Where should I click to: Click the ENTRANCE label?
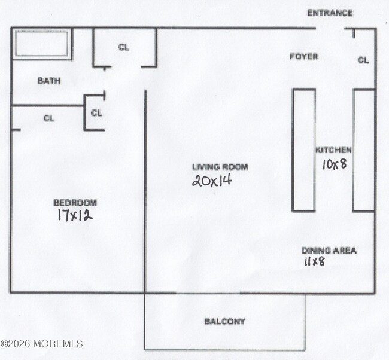coord(330,13)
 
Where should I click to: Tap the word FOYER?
coord(303,57)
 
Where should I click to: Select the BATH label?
coord(49,81)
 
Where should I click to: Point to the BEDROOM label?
coord(75,203)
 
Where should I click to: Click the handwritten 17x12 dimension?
coord(74,215)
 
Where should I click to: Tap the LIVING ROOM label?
coord(220,167)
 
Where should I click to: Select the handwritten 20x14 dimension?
coord(211,180)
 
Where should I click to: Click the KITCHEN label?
coord(333,150)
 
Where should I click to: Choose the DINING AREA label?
coord(329,251)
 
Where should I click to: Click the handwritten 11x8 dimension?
coord(314,261)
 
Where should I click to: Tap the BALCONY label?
coord(224,322)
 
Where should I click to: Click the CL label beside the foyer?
coord(363,60)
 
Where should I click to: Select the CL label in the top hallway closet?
coord(124,48)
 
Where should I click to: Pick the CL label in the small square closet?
coord(96,112)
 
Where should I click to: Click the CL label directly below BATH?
coord(49,118)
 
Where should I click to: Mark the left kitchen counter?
coord(303,150)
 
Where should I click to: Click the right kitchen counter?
coord(363,150)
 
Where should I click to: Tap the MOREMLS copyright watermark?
coord(41,343)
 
